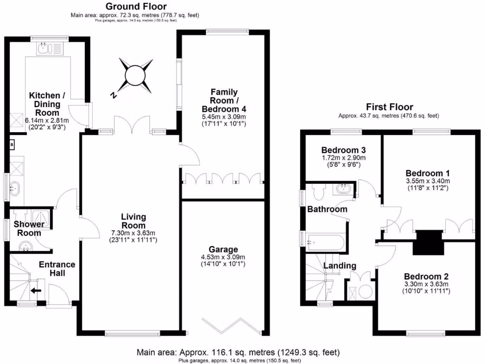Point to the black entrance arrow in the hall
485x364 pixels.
(36, 290)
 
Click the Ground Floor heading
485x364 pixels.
(129, 6)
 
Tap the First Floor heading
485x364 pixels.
(389, 107)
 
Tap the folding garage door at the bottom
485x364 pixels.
(232, 325)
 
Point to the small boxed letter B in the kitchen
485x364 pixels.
(11, 144)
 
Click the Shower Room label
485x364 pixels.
(28, 228)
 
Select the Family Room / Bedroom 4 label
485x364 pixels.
(224, 100)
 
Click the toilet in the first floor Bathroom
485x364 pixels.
(318, 191)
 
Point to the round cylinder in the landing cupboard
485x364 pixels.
(366, 291)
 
